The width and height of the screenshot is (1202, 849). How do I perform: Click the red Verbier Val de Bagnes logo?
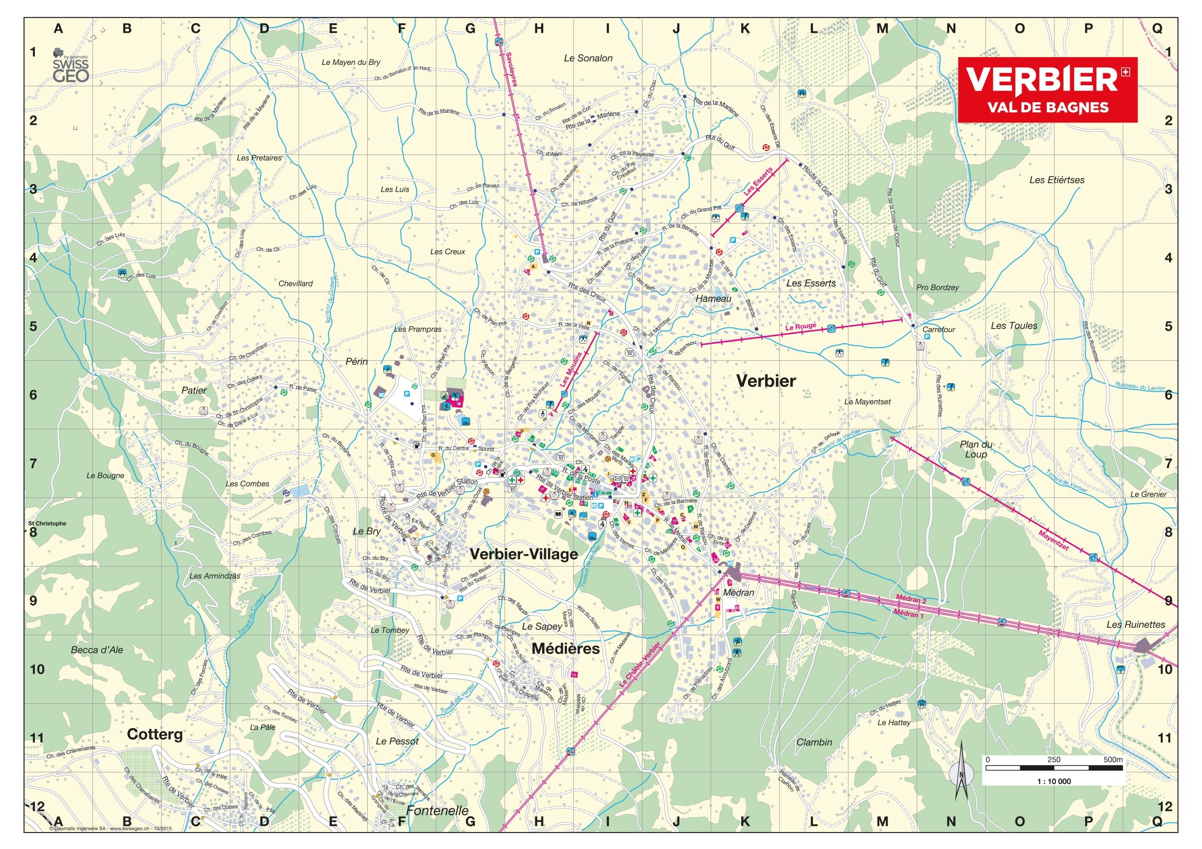coord(1047,90)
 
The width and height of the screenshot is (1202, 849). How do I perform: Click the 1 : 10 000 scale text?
coord(1053,781)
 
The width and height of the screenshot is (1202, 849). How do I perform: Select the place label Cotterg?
coord(155,734)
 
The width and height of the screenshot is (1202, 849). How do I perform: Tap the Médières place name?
coord(565,649)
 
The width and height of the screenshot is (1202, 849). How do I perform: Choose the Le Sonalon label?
coord(588,58)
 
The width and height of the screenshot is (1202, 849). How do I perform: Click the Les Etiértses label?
coord(1057,180)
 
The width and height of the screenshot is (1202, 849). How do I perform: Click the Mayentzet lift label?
coord(1053,540)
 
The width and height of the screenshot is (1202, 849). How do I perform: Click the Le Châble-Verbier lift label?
coord(640,665)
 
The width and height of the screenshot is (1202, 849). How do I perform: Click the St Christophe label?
coord(47,523)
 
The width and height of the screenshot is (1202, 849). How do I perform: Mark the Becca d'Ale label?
coord(97,650)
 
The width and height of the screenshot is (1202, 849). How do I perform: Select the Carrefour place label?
coord(938,330)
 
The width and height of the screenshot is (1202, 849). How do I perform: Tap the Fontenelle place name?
coord(437,810)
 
